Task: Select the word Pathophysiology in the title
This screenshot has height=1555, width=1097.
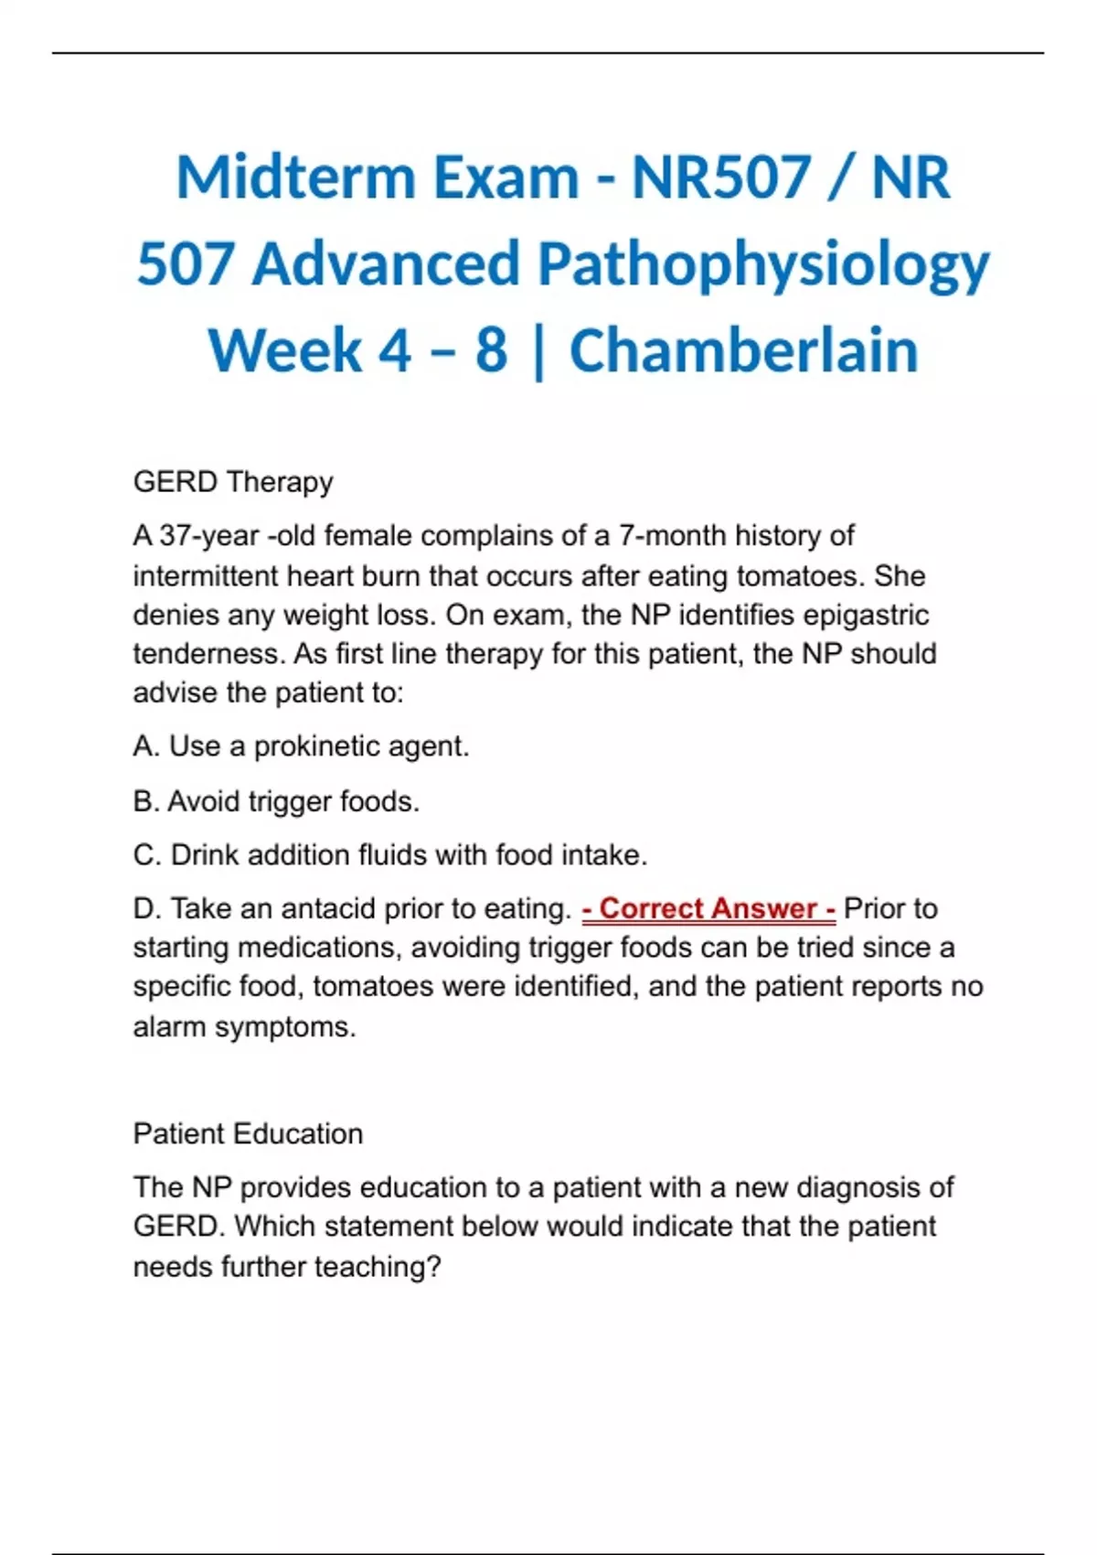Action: point(763,265)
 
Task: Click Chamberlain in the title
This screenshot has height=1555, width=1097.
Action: point(743,351)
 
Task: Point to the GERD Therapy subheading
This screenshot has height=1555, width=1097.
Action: point(233,482)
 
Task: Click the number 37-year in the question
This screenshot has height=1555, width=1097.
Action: point(209,535)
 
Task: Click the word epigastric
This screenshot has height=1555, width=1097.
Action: point(866,615)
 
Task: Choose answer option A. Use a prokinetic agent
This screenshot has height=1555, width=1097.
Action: point(301,746)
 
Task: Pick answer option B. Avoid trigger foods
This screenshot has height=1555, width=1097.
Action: point(276,801)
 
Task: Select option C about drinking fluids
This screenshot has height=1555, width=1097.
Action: point(390,855)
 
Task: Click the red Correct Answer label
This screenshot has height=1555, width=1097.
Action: point(708,908)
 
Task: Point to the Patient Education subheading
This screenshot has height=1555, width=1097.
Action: point(248,1134)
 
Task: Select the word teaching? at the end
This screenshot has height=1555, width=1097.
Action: point(378,1267)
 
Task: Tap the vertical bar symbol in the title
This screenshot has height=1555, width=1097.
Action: point(538,351)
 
